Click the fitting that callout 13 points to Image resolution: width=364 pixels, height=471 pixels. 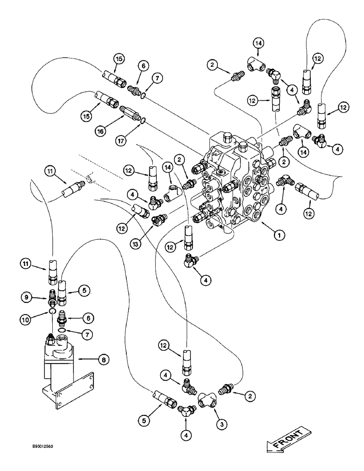click(x=159, y=219)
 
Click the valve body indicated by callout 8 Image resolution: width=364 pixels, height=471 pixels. click(x=58, y=358)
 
